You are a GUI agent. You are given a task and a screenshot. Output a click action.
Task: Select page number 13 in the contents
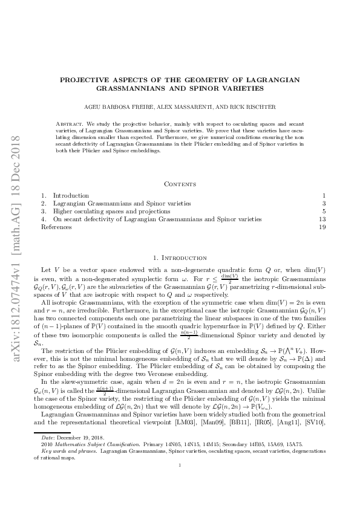coord(322,219)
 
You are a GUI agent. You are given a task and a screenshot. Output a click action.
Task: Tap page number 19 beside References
coord(322,227)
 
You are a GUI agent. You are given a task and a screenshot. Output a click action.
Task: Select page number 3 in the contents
coord(324,204)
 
